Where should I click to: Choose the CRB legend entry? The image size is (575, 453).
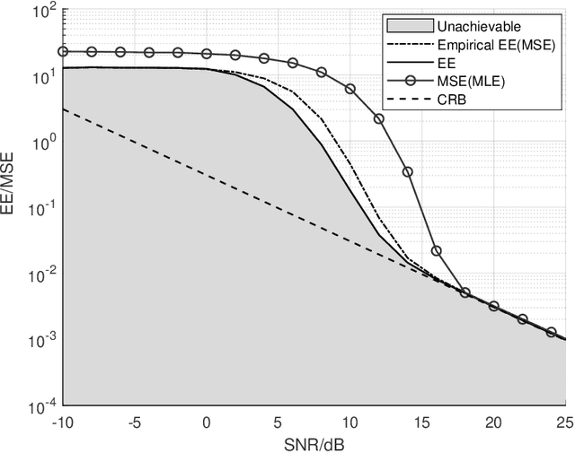tap(452, 99)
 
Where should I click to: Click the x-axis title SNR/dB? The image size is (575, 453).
tap(314, 442)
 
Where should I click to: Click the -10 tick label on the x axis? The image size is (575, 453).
tap(63, 422)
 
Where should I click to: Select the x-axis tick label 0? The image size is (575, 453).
tap(207, 422)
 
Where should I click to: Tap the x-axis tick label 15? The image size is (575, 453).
tap(421, 422)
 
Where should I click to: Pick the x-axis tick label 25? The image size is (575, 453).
tap(565, 422)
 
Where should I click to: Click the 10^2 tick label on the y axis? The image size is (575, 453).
tap(43, 11)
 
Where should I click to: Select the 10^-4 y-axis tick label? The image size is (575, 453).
tap(41, 406)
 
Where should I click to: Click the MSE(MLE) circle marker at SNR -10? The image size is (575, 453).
tap(63, 52)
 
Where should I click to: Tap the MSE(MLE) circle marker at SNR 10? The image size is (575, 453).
tap(350, 90)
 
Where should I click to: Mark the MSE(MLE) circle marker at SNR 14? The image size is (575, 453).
tap(408, 171)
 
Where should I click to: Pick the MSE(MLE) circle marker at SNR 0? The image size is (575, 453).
tap(207, 54)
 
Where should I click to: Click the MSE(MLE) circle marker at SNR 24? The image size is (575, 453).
tap(551, 332)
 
